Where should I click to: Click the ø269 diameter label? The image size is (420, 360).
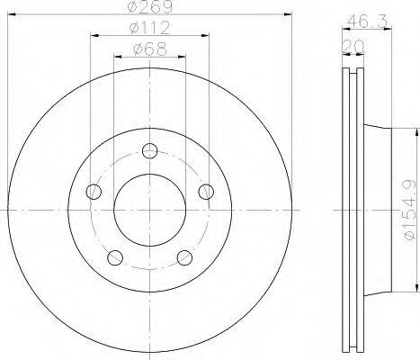(x=149, y=6)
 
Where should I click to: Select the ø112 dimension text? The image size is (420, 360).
(x=149, y=28)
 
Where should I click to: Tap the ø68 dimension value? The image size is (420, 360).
(x=149, y=49)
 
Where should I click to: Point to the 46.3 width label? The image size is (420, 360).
(x=368, y=22)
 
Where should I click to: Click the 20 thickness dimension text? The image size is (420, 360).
(x=353, y=46)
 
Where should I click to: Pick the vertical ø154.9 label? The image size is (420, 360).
(x=409, y=210)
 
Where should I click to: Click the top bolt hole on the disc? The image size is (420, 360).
(x=149, y=151)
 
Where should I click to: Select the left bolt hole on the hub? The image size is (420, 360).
(x=94, y=192)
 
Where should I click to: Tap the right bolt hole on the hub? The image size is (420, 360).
(x=206, y=192)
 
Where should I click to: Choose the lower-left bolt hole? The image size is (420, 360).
(x=115, y=257)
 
